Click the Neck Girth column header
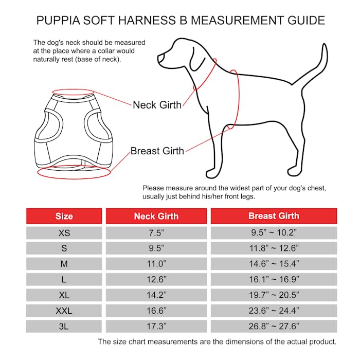(x=156, y=216)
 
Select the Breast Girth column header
(x=274, y=216)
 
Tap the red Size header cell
(x=64, y=216)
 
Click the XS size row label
(x=64, y=233)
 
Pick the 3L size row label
(x=64, y=327)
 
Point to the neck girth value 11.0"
(x=156, y=264)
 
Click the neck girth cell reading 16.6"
(x=156, y=311)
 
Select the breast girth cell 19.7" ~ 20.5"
(x=274, y=295)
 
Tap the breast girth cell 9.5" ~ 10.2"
(x=274, y=233)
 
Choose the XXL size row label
(x=64, y=311)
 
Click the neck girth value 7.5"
(x=156, y=233)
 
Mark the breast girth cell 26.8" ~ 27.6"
(x=274, y=327)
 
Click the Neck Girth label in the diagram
(x=157, y=105)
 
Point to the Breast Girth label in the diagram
(x=157, y=151)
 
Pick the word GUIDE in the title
(x=305, y=21)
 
